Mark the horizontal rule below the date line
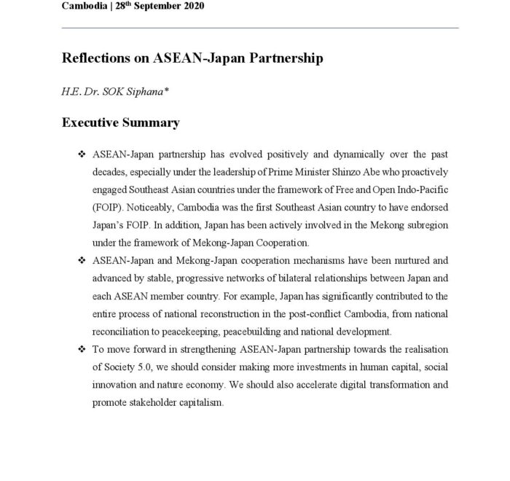pyautogui.click(x=260, y=28)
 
